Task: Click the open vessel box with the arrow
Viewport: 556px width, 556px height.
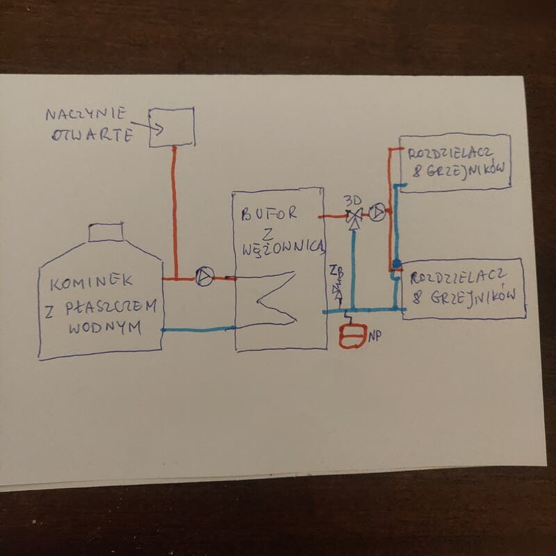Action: [172, 127]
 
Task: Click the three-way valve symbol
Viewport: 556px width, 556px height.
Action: [354, 218]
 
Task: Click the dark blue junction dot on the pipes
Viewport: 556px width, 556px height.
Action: [396, 264]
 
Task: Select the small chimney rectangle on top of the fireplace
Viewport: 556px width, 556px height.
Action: [106, 232]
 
